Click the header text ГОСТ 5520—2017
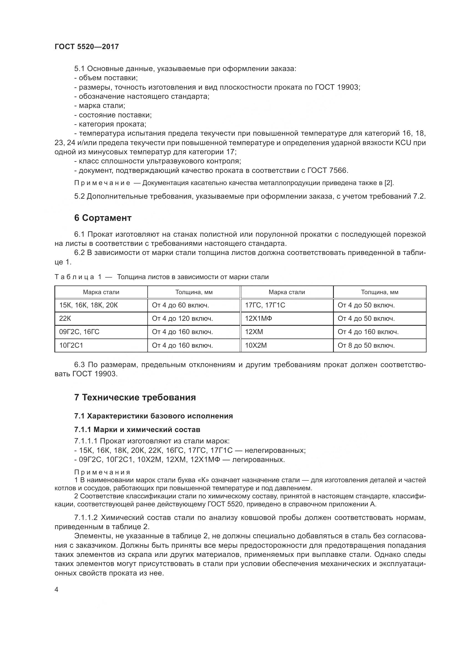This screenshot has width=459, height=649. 87,47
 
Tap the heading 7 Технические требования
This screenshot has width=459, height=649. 135,397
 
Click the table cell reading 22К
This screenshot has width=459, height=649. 65,319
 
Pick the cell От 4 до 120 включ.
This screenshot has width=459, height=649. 182,319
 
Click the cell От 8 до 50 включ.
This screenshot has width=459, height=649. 366,345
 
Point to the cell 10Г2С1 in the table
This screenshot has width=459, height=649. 71,345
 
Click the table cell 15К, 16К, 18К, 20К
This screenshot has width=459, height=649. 89,305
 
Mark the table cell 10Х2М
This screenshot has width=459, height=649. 256,345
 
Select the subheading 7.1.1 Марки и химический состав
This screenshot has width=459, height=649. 137,430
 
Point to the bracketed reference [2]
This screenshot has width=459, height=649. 389,183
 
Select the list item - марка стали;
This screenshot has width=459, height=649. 100,106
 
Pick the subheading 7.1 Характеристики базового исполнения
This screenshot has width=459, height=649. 153,416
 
